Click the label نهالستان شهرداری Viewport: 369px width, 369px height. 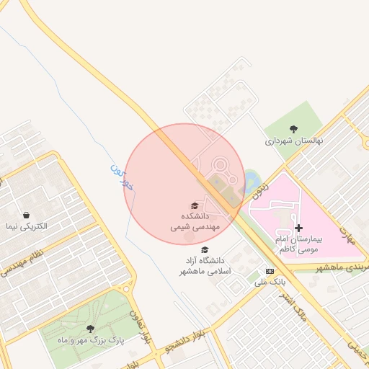tap(293, 141)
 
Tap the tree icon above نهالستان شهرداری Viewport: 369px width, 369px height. tap(293, 128)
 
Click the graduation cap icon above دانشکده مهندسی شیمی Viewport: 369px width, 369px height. tap(195, 206)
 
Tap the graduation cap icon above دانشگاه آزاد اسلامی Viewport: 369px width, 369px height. tap(205, 250)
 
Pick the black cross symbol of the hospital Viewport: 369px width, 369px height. tap(299, 228)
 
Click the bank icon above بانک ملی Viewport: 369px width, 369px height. tap(270, 271)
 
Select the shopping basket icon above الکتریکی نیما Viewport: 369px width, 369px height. tap(27, 214)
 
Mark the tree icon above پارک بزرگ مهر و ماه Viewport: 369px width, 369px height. tap(89, 329)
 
